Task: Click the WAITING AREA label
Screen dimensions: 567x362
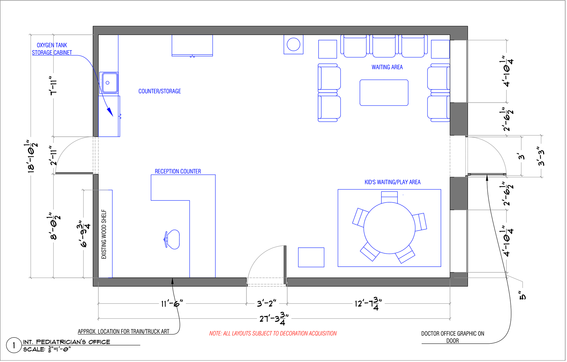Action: (x=387, y=67)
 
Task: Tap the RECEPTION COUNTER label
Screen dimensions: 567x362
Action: (x=178, y=171)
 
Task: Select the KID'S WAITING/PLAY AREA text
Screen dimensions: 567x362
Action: (x=392, y=182)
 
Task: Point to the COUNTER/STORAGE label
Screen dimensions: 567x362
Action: (x=159, y=91)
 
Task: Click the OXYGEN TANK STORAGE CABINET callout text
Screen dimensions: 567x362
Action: (x=52, y=49)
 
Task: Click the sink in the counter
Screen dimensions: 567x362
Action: (x=109, y=83)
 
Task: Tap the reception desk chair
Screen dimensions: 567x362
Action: (x=172, y=239)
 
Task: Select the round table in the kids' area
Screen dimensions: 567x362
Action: (x=389, y=228)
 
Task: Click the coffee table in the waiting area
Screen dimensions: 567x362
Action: (x=384, y=93)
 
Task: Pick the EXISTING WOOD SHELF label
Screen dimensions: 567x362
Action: (x=104, y=234)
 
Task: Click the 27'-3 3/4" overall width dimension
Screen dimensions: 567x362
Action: (x=274, y=319)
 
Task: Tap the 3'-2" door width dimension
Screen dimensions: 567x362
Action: (x=266, y=304)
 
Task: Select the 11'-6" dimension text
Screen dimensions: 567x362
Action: (x=172, y=304)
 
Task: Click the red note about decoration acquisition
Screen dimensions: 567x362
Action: (x=273, y=333)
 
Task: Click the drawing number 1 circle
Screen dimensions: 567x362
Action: (x=14, y=345)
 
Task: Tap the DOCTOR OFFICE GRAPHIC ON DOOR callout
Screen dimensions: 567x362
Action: (x=452, y=337)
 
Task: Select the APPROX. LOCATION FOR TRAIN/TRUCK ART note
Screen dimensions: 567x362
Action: (x=123, y=332)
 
